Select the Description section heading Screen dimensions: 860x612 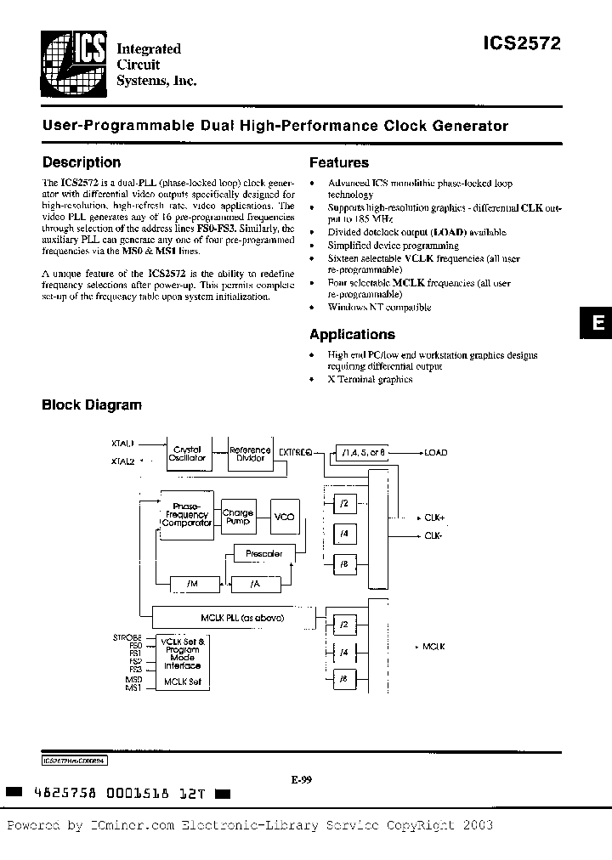[82, 162]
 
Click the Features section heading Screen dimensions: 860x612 [338, 162]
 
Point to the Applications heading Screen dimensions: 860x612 [352, 335]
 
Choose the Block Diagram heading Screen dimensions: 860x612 [92, 405]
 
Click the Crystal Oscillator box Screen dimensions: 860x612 [188, 454]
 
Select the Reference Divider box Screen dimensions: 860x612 [250, 454]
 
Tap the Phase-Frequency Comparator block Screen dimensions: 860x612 [187, 515]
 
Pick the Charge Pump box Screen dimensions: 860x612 [238, 516]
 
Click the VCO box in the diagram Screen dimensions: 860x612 [284, 516]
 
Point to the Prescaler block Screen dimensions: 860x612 [263, 554]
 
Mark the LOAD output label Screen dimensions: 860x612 [435, 453]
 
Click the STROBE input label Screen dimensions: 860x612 [127, 636]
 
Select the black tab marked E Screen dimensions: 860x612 [597, 323]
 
